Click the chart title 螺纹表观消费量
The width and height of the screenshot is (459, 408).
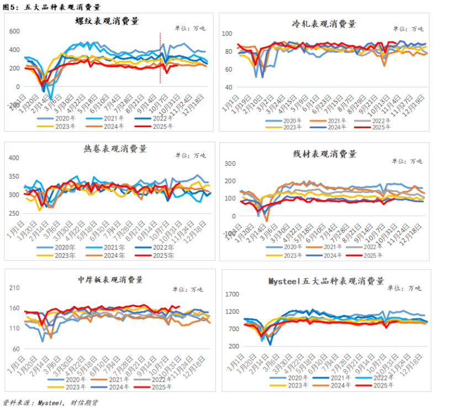[107, 22]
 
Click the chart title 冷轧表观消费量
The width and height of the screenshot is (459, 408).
[324, 24]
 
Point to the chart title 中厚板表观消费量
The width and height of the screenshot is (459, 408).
[110, 279]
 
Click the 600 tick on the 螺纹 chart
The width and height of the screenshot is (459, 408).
[14, 32]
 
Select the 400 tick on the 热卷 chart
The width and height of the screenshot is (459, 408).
[14, 158]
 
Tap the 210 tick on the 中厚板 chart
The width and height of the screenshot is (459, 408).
[14, 288]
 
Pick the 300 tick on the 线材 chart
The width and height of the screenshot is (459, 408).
[229, 164]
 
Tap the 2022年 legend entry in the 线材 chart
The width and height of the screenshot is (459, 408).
[372, 247]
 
